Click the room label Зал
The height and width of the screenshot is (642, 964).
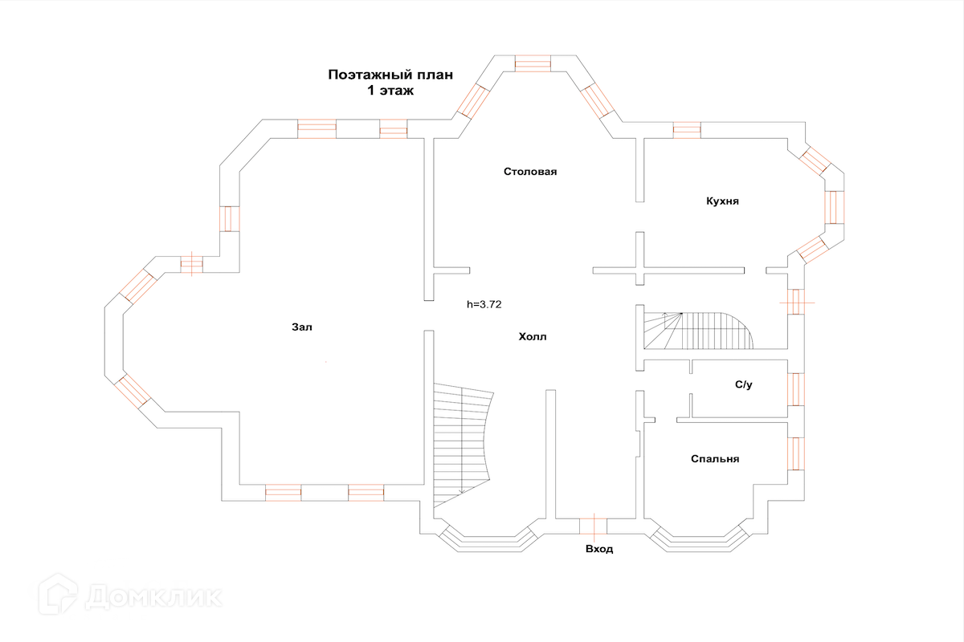click(302, 327)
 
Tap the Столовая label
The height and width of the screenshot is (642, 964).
click(530, 172)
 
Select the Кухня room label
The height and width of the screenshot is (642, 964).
click(722, 201)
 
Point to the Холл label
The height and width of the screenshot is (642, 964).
click(533, 337)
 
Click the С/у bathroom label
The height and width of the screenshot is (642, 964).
click(744, 384)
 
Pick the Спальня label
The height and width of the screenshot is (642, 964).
click(715, 459)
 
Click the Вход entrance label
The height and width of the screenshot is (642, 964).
click(599, 549)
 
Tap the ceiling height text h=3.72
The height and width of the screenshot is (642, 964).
click(484, 304)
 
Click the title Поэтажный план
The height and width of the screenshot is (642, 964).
click(390, 75)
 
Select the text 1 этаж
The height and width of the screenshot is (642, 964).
click(390, 91)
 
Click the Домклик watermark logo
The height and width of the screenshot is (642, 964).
click(130, 595)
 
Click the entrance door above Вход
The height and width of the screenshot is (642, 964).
click(593, 526)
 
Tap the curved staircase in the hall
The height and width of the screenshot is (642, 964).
click(463, 445)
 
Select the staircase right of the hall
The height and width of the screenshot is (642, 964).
click(698, 331)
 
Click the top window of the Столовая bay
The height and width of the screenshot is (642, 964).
click(533, 63)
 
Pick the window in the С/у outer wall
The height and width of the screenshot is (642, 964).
click(796, 389)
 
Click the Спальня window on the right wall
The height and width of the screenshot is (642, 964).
click(796, 453)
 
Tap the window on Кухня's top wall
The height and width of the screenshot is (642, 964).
click(687, 130)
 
